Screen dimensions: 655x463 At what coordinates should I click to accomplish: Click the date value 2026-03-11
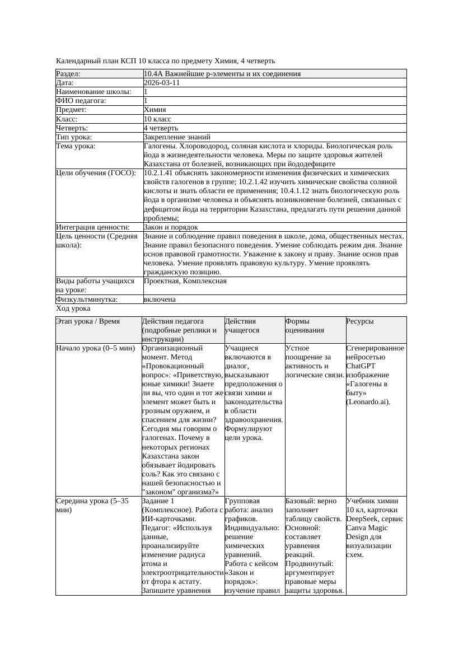[162, 83]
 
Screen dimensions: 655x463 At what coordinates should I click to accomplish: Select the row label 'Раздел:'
[68, 74]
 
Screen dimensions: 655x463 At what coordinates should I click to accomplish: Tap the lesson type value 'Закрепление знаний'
[177, 137]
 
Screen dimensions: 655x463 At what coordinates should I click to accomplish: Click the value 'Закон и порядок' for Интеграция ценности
[171, 227]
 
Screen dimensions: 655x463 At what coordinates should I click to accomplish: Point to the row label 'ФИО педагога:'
[81, 101]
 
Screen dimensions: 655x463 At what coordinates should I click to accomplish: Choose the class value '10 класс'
[157, 119]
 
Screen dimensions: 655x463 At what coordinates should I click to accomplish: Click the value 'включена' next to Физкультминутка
[160, 300]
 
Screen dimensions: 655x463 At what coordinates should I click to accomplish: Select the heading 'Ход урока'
[73, 308]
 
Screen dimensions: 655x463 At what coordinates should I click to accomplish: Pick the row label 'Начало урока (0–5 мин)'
[96, 348]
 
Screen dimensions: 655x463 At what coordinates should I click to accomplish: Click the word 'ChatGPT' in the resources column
[361, 366]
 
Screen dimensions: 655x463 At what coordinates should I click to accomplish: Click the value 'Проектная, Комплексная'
[185, 281]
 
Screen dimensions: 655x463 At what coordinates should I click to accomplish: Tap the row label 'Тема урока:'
[76, 146]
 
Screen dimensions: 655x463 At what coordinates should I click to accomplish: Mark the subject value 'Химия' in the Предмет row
[155, 110]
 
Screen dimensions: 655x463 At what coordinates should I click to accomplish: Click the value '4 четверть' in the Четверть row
[161, 128]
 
